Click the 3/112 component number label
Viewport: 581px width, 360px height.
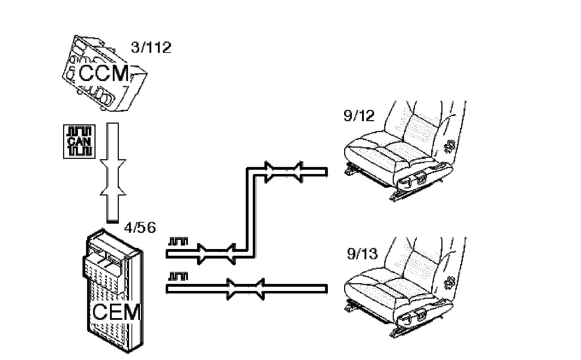[151, 47]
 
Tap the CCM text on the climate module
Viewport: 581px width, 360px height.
[104, 74]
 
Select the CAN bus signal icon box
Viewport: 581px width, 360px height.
[79, 141]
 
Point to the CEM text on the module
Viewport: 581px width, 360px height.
[116, 312]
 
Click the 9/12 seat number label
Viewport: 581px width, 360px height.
[359, 116]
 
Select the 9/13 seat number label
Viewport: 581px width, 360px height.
[362, 254]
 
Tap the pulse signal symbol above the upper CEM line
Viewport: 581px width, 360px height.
[178, 242]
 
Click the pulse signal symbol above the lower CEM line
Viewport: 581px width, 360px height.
[178, 277]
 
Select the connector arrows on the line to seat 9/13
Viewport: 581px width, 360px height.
[245, 289]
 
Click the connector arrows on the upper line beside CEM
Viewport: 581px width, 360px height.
[216, 254]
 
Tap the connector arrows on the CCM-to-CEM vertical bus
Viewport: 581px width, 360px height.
[113, 176]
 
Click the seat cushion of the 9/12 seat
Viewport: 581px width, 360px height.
[381, 151]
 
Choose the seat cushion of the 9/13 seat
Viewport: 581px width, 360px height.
[381, 289]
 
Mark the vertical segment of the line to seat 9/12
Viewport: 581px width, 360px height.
[250, 211]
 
